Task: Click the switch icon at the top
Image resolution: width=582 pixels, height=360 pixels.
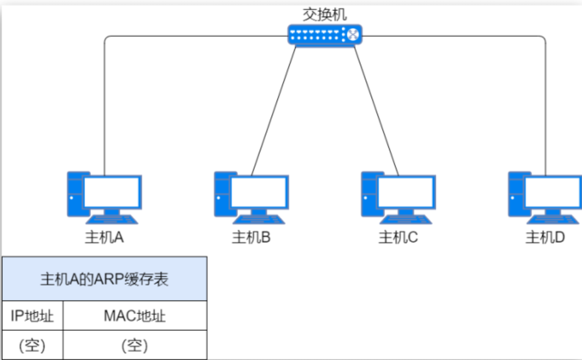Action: (x=324, y=35)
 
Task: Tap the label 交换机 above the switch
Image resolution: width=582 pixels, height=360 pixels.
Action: (x=324, y=13)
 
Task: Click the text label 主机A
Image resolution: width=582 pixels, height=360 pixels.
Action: (x=104, y=238)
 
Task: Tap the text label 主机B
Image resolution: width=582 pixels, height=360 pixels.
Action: (x=251, y=238)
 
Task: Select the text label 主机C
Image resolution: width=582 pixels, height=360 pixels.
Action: (x=398, y=238)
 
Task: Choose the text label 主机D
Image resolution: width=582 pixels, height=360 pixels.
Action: (x=544, y=238)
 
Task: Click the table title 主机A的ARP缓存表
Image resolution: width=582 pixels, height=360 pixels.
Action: (x=104, y=279)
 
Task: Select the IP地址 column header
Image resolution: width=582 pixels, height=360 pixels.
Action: (x=32, y=316)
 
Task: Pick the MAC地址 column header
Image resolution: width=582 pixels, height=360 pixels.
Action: (x=134, y=316)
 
